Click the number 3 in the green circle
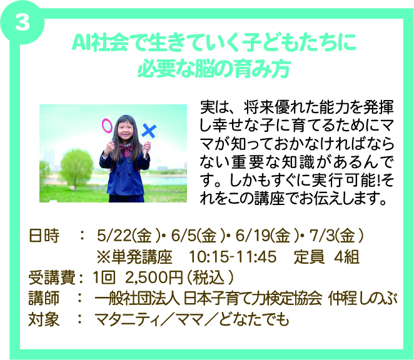tap(22, 22)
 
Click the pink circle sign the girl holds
tap(107, 126)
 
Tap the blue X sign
tap(149, 131)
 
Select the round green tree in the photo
tap(76, 166)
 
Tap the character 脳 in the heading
tap(205, 68)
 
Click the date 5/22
tap(114, 236)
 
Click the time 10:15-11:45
tap(233, 256)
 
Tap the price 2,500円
tap(154, 277)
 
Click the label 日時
tap(44, 236)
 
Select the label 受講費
tap(52, 278)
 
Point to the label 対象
tap(44, 319)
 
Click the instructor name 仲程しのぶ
tap(363, 299)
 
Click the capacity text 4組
tap(346, 256)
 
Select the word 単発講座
tap(141, 256)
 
